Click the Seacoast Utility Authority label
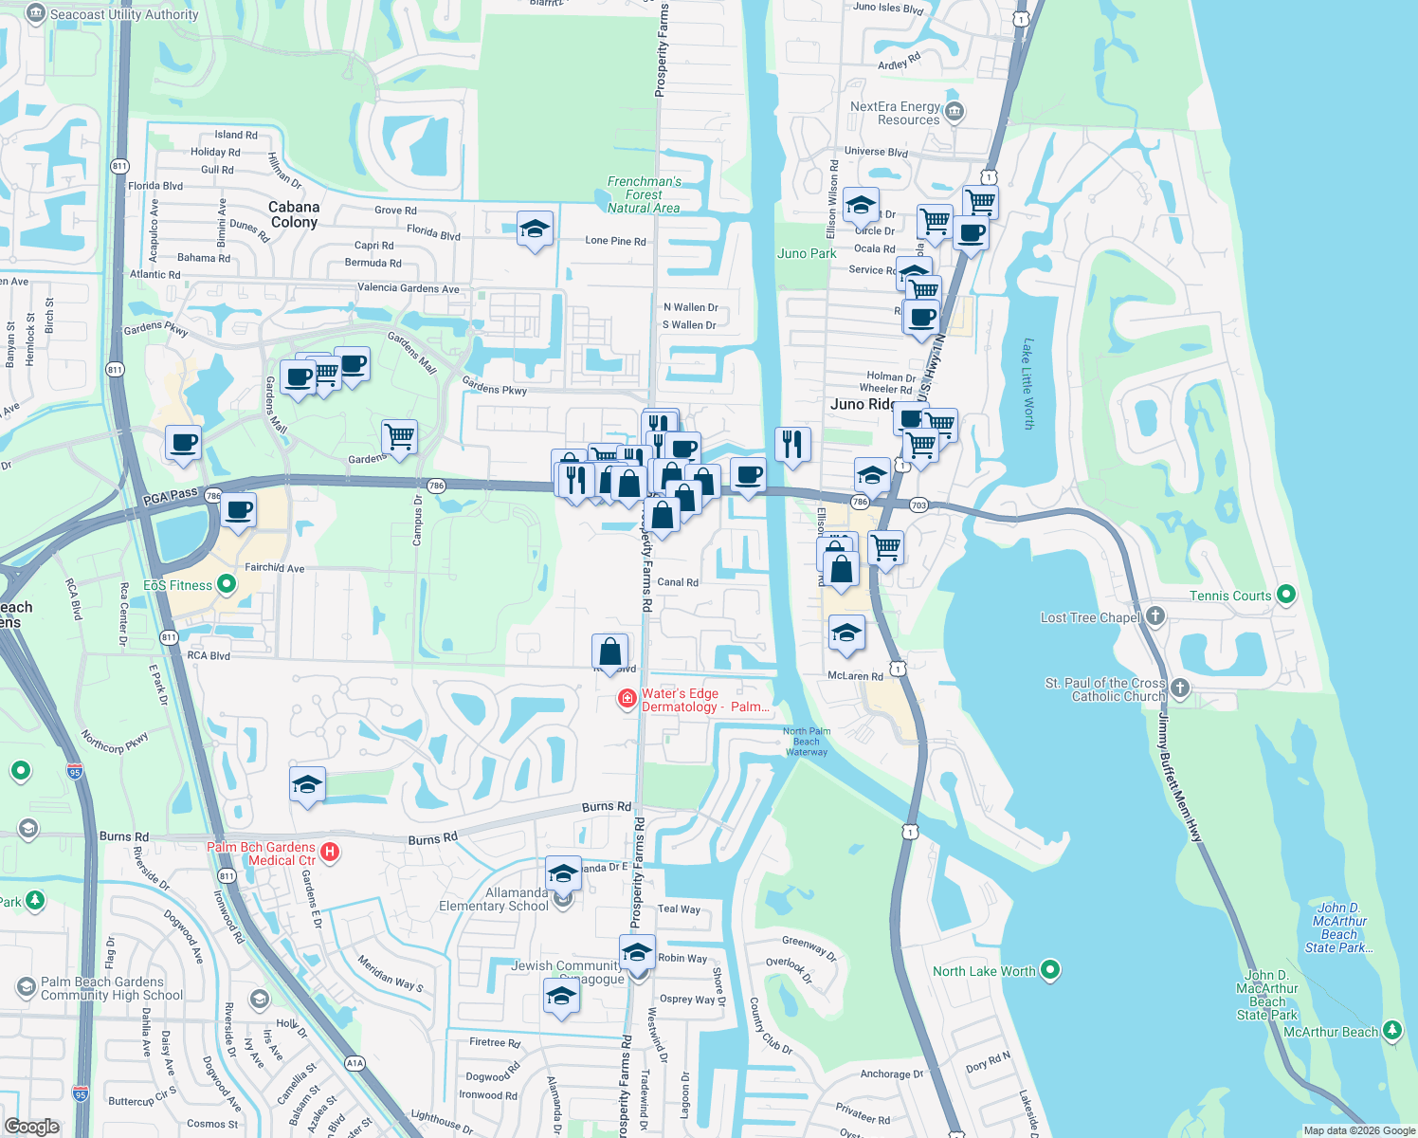coord(123,14)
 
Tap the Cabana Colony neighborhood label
coord(294,214)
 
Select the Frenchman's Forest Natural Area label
coord(644,194)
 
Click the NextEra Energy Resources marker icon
coord(954,112)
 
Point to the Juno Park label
coord(807,253)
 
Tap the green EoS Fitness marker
coord(227,584)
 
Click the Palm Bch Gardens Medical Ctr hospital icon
coord(330,852)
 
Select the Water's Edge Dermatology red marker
coord(627,700)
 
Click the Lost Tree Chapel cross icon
coord(1154,616)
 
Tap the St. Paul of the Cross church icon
coord(1179,688)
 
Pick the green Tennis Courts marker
coord(1286,595)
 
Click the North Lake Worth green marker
coord(1049,970)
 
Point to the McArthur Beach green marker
coord(1391,1031)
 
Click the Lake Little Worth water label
coord(1027,384)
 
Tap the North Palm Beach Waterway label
coord(807,742)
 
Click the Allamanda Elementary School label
coord(493,899)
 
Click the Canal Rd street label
coord(678,582)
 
